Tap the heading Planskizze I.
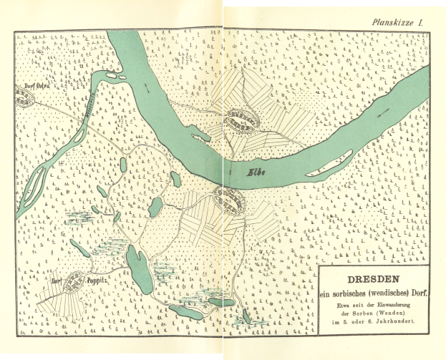click(399, 24)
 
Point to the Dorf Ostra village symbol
click(26, 100)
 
